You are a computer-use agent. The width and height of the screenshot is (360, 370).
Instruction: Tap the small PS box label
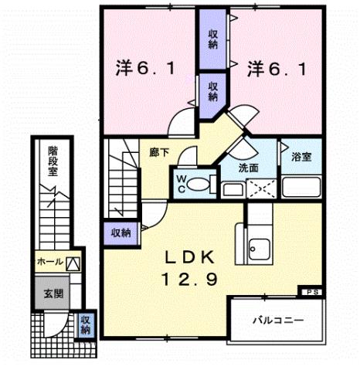pyautogui.click(x=312, y=291)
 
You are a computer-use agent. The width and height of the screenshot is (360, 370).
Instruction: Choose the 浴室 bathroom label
pyautogui.click(x=302, y=158)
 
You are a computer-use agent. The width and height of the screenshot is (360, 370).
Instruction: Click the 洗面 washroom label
pyautogui.click(x=247, y=168)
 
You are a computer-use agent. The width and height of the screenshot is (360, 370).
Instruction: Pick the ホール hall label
pyautogui.click(x=48, y=263)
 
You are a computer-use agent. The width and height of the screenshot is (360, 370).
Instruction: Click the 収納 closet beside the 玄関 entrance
pyautogui.click(x=85, y=324)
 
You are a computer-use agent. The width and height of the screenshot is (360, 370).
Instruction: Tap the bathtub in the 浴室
pyautogui.click(x=302, y=185)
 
